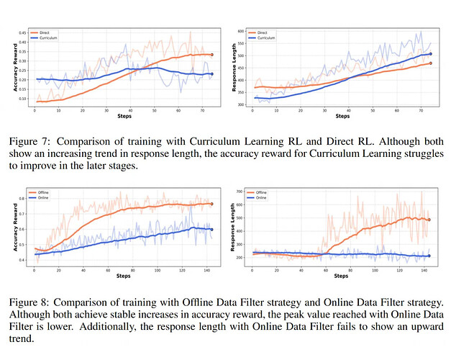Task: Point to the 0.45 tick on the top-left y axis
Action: pyautogui.click(x=22, y=33)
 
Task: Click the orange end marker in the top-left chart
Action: pyautogui.click(x=211, y=55)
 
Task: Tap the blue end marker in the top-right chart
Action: pyautogui.click(x=430, y=54)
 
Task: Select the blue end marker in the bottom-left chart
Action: pyautogui.click(x=211, y=229)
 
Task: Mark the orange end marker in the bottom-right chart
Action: pyautogui.click(x=429, y=220)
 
